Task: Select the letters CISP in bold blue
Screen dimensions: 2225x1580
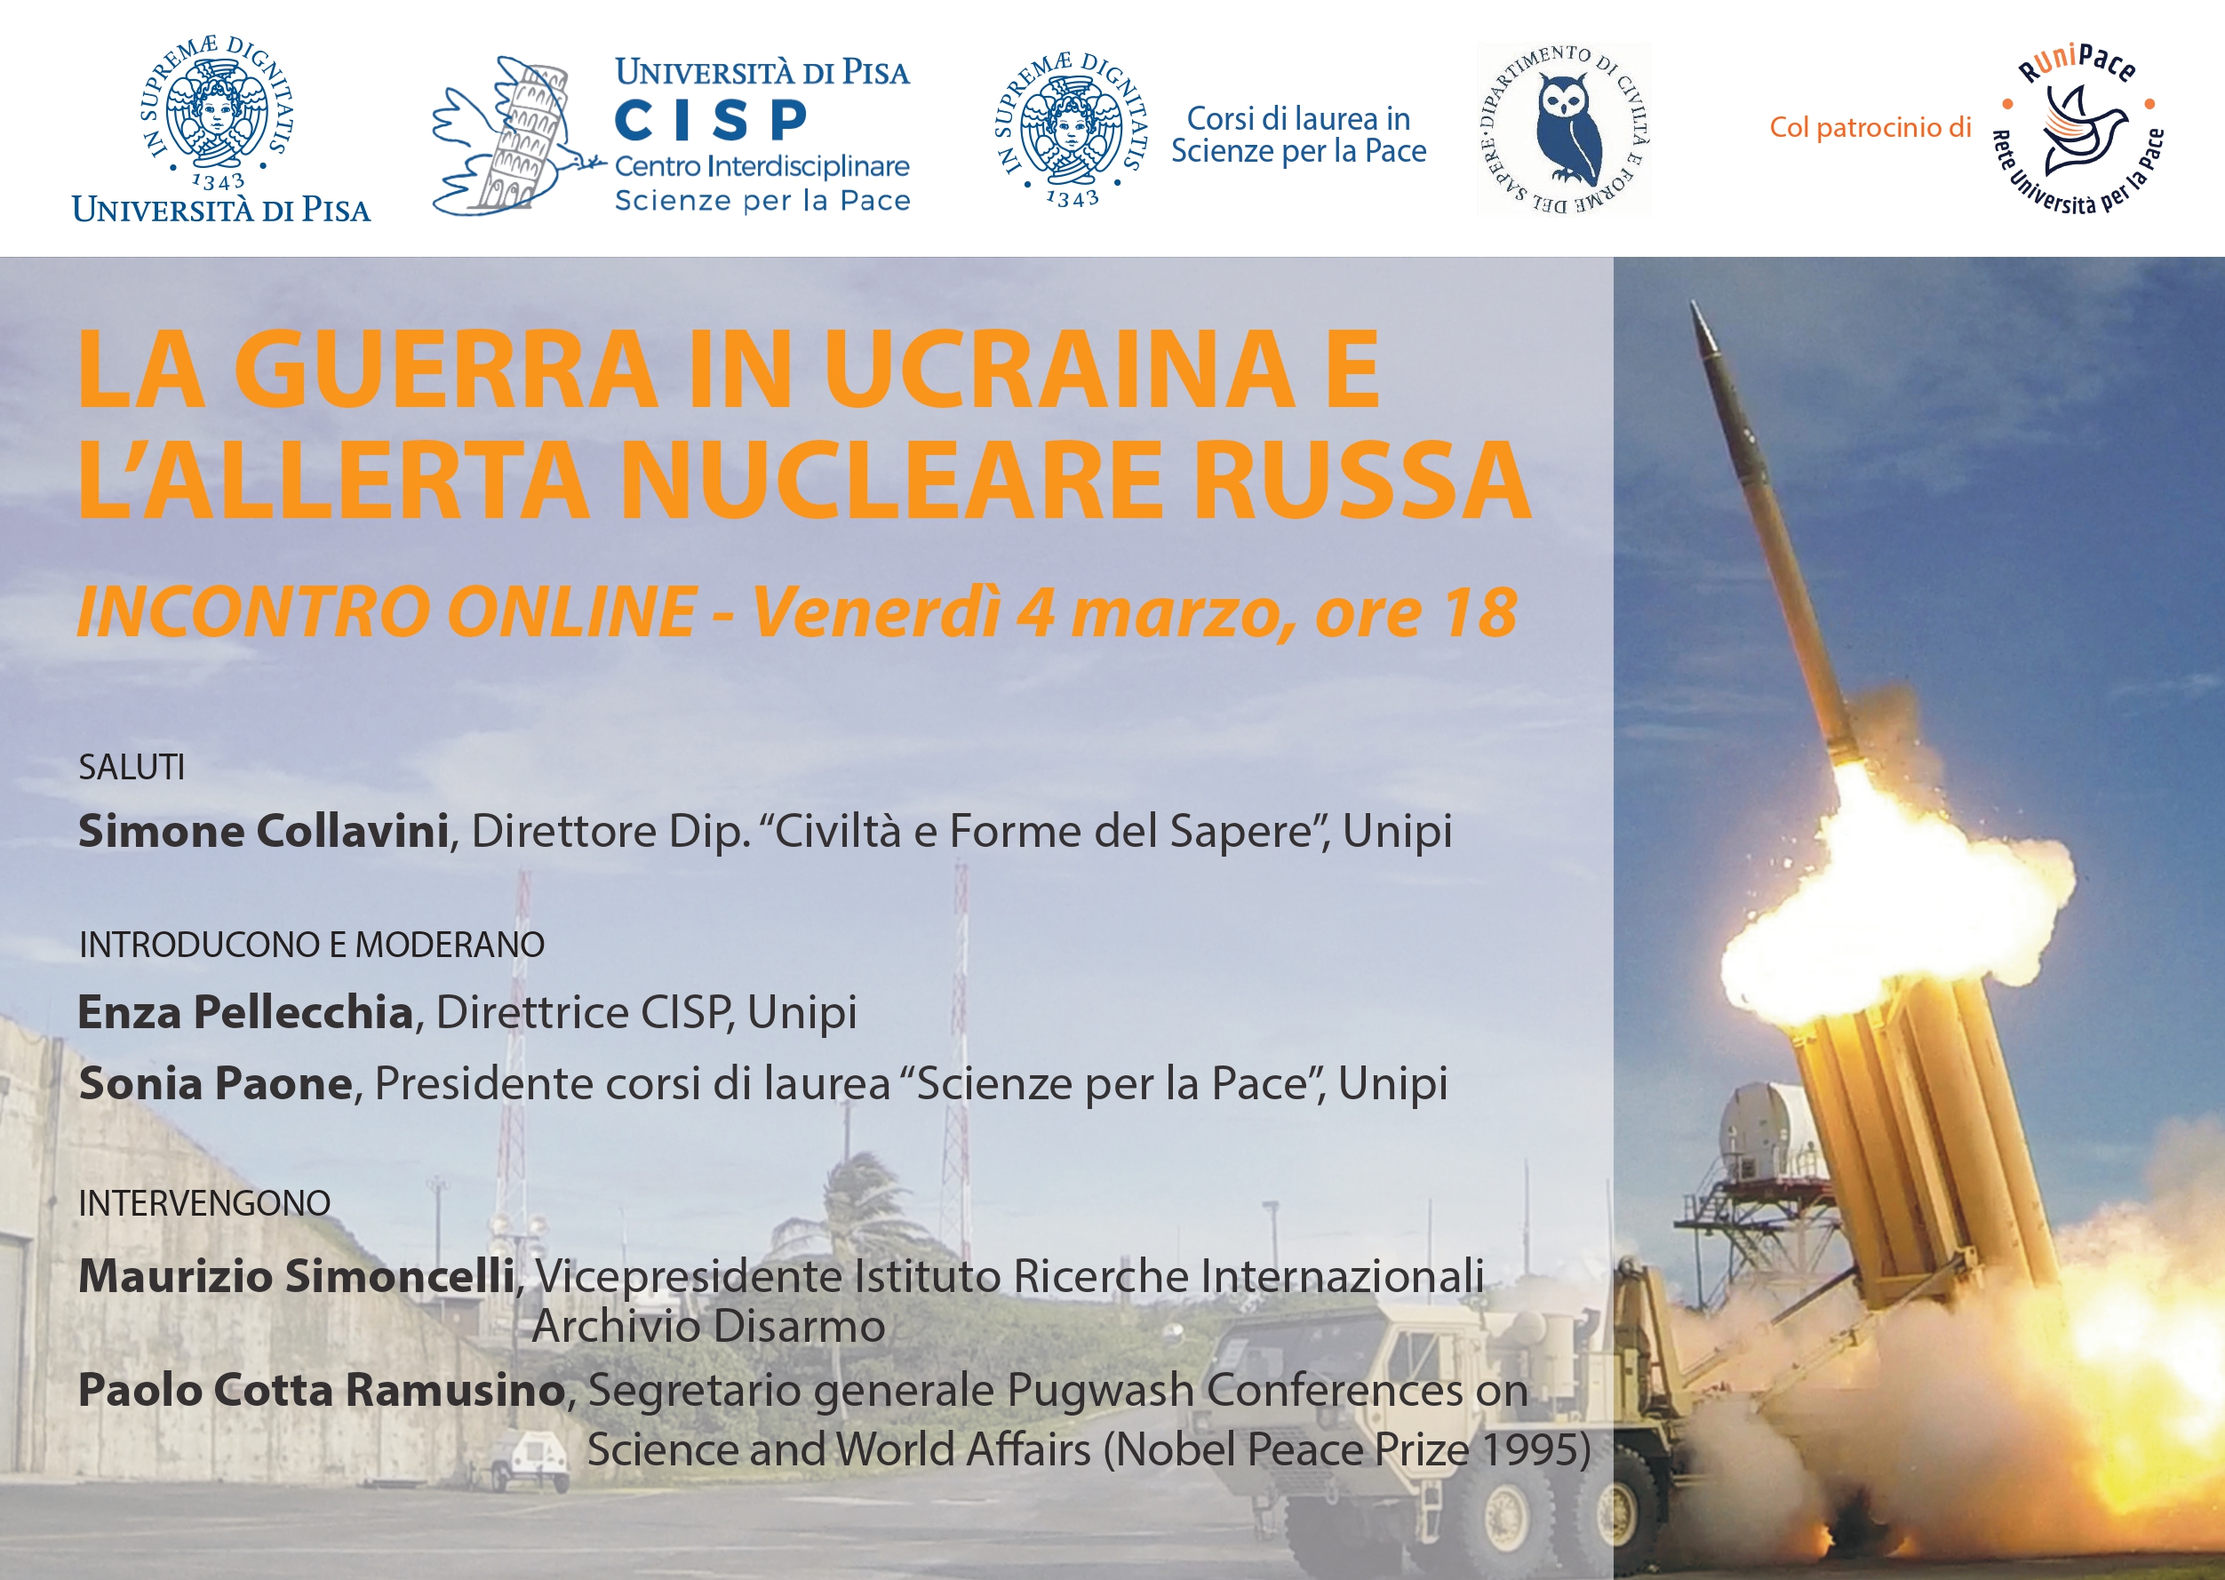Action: pos(711,121)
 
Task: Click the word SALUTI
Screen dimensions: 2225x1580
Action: pos(132,768)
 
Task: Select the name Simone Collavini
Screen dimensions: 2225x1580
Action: pos(264,831)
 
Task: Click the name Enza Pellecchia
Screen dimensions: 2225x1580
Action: pos(246,1012)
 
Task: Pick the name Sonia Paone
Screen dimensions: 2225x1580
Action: pos(215,1083)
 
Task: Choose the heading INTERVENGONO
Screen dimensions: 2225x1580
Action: pos(204,1203)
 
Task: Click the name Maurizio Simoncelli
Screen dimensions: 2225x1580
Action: pos(297,1275)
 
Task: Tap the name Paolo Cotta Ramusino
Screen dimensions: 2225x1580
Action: pos(322,1389)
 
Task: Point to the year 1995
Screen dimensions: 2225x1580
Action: pos(1526,1449)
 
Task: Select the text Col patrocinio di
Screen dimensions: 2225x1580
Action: pos(1870,127)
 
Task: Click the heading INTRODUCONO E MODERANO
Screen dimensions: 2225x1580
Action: pos(311,945)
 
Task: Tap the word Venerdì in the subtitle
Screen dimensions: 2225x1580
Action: pos(876,613)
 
